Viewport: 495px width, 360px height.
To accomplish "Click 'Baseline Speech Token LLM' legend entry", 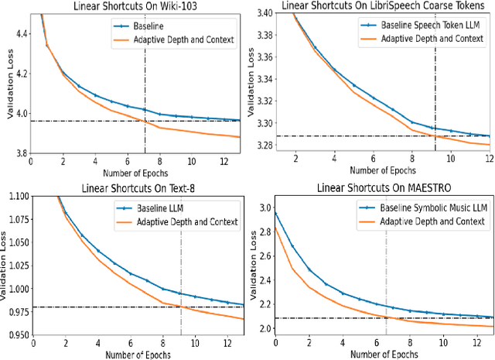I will [415, 25].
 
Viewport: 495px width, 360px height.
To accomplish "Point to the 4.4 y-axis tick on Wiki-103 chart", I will [19, 34].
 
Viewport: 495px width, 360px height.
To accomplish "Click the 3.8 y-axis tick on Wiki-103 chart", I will [19, 153].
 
